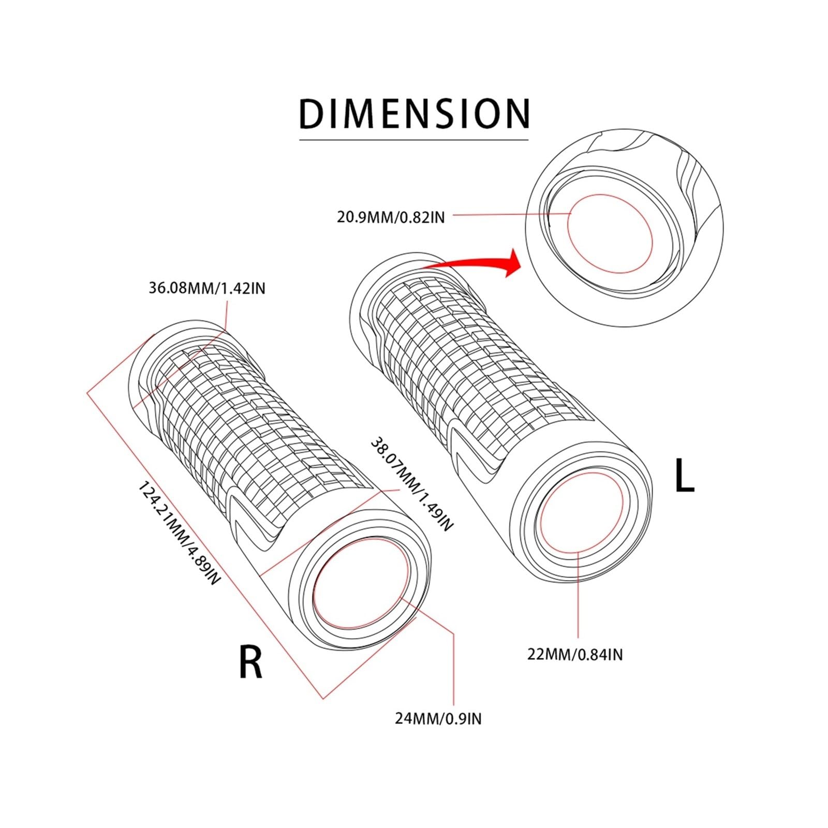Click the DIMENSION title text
click(x=415, y=113)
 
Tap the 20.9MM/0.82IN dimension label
click(x=391, y=216)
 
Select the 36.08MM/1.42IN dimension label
click(x=207, y=288)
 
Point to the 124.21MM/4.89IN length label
click(x=179, y=533)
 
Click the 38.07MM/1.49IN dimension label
click(x=412, y=483)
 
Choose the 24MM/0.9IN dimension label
click(x=438, y=718)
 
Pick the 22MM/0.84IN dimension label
click(x=575, y=655)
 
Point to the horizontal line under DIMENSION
click(x=414, y=140)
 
